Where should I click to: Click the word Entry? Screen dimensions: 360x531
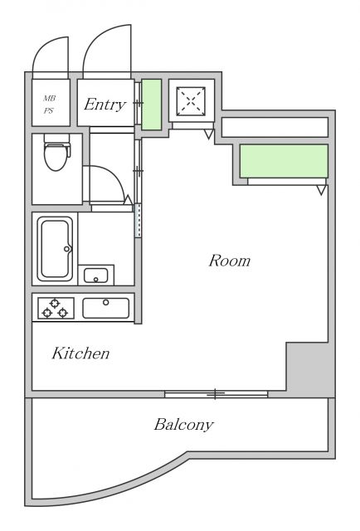105,105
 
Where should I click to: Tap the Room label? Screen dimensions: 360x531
230,261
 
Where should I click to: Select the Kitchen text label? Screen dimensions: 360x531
80,353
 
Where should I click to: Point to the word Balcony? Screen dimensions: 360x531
184,425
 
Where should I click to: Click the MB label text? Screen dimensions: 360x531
49,98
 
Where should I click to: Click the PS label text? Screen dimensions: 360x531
48,110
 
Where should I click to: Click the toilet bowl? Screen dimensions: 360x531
56,153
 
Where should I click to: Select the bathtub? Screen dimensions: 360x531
55,249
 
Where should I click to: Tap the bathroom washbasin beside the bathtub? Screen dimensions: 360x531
96,275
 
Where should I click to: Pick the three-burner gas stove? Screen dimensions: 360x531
56,308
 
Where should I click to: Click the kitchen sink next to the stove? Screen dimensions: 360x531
105,308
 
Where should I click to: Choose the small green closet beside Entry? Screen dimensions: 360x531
151,105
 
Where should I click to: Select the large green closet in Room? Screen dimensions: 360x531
284,161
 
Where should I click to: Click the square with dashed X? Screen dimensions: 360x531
191,101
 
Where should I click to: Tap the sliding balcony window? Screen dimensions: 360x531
216,394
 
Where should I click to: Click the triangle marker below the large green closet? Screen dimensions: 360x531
321,190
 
